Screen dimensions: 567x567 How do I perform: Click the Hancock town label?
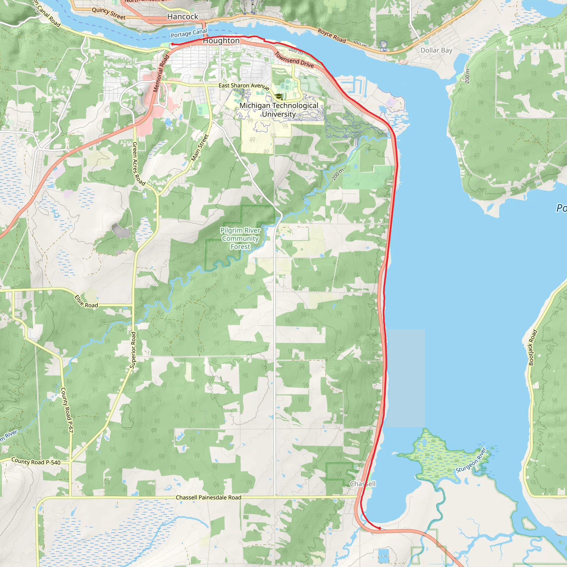click(x=182, y=17)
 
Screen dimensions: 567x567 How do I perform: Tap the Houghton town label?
click(x=221, y=41)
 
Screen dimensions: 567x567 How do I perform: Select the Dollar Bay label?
click(x=436, y=50)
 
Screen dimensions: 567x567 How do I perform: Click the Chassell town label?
click(x=362, y=484)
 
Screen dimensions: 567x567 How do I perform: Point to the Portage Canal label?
click(x=189, y=33)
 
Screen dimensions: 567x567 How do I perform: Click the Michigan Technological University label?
click(x=279, y=110)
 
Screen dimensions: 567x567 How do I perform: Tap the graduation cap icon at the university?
click(x=279, y=97)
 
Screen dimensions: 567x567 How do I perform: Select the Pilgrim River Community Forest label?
click(x=240, y=238)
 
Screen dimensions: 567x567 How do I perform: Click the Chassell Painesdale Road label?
click(x=208, y=498)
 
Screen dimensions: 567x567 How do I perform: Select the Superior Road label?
click(x=133, y=350)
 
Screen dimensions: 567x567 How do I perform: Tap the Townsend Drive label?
click(x=294, y=60)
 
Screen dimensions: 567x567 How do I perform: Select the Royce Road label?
click(x=332, y=35)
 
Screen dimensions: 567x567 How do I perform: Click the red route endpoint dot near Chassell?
click(x=380, y=528)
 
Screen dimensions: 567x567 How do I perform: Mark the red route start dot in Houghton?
click(x=172, y=44)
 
